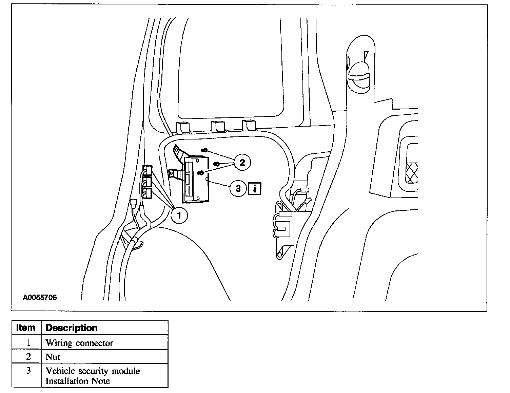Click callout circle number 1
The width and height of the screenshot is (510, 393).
pos(179,215)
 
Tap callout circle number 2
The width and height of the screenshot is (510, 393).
pos(242,162)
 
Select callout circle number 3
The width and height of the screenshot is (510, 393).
pos(238,188)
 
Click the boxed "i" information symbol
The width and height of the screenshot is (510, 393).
pos(255,188)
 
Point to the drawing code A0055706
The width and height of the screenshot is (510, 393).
pos(40,297)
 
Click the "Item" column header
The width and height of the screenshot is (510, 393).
pos(25,327)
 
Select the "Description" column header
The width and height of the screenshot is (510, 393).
pos(71,328)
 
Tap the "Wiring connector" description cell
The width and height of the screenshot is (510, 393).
pos(79,343)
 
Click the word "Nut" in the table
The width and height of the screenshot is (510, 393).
pos(53,357)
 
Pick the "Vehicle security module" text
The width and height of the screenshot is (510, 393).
pos(93,371)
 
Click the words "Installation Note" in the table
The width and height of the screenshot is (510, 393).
pos(77,381)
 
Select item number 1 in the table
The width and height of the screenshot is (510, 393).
pos(28,343)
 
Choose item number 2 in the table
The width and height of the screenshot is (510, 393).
pos(28,357)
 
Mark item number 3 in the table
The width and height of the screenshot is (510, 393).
pos(28,371)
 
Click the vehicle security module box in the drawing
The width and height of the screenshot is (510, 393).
pos(196,179)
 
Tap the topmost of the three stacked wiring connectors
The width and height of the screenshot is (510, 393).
pos(148,170)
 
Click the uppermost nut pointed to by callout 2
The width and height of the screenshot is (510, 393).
pos(204,150)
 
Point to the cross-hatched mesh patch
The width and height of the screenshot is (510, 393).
pos(412,173)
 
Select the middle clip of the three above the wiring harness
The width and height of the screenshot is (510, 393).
pos(218,127)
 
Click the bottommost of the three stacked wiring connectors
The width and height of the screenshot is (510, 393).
pos(147,193)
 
